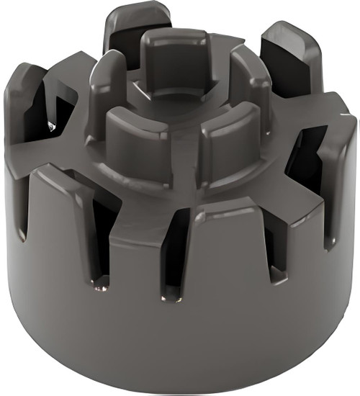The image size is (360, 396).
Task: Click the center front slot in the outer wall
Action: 173,259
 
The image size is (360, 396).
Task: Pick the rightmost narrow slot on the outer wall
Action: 331,216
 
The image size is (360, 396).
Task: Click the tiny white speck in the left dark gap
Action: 49,125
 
